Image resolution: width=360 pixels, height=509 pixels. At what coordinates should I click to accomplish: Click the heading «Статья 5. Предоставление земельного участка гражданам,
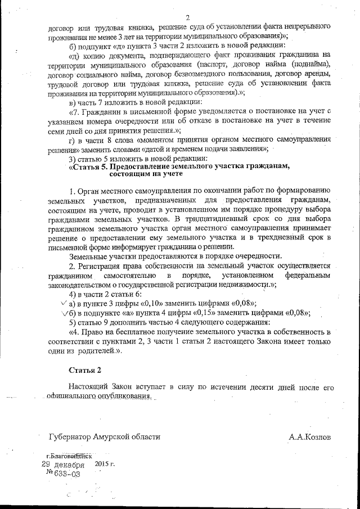(x=178, y=166)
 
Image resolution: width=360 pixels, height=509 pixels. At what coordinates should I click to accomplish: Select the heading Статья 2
(x=84, y=371)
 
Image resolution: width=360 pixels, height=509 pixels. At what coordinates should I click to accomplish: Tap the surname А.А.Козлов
(x=310, y=436)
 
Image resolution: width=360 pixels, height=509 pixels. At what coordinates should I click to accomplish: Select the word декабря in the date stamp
(x=70, y=465)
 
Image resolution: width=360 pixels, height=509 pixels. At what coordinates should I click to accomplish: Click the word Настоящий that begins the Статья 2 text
(x=88, y=388)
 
